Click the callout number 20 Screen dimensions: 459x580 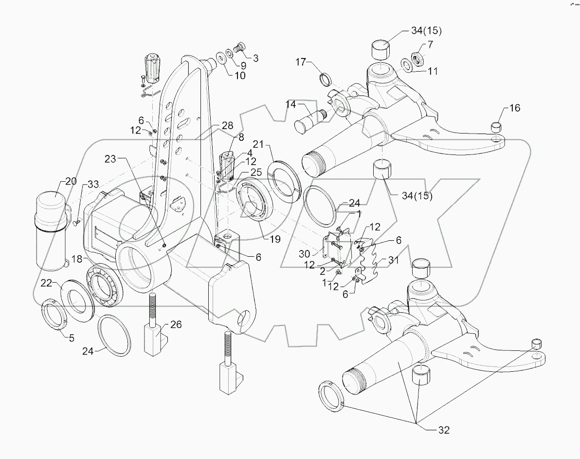coord(71,182)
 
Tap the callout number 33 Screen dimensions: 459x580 coord(93,184)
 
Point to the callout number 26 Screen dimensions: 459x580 coord(176,325)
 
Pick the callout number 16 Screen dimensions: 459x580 coord(514,108)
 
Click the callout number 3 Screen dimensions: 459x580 coord(255,57)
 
